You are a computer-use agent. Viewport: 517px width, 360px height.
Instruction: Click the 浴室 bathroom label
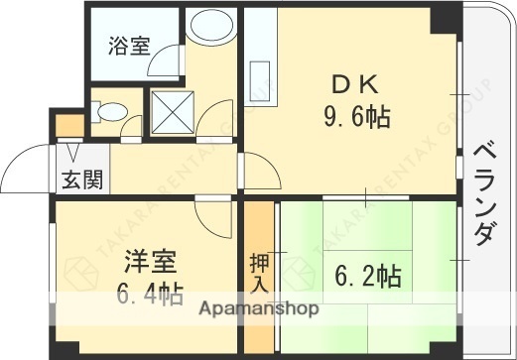point(131,46)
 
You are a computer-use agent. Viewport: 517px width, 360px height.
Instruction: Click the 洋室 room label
point(150,264)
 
